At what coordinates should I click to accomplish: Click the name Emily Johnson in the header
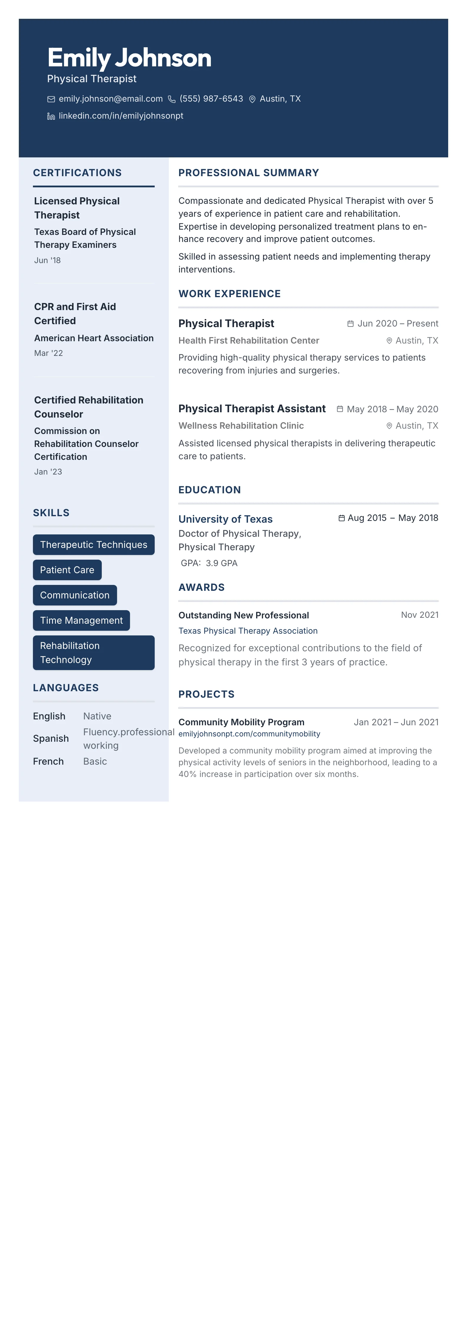click(x=129, y=58)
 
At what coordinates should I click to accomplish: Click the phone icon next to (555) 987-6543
click(x=172, y=99)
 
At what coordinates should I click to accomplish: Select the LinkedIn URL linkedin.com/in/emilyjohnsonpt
click(x=121, y=116)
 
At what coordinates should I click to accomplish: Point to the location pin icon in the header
click(x=252, y=99)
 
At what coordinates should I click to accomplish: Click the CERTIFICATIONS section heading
click(x=77, y=173)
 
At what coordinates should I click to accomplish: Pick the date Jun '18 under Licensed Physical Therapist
click(x=47, y=260)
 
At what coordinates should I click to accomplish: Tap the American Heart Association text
click(x=94, y=338)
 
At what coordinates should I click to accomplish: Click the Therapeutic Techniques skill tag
click(x=93, y=544)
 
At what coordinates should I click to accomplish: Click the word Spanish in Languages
click(x=51, y=738)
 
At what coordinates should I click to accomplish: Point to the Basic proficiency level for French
click(x=95, y=761)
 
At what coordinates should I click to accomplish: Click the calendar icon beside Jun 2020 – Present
click(x=351, y=324)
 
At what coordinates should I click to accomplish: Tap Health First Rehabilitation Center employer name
click(x=248, y=341)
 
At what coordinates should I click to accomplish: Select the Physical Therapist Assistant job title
click(x=252, y=409)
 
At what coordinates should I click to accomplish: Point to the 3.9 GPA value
click(x=221, y=563)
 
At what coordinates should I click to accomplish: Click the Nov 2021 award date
click(x=419, y=615)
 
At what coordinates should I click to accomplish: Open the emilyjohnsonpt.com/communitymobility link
click(x=249, y=734)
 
